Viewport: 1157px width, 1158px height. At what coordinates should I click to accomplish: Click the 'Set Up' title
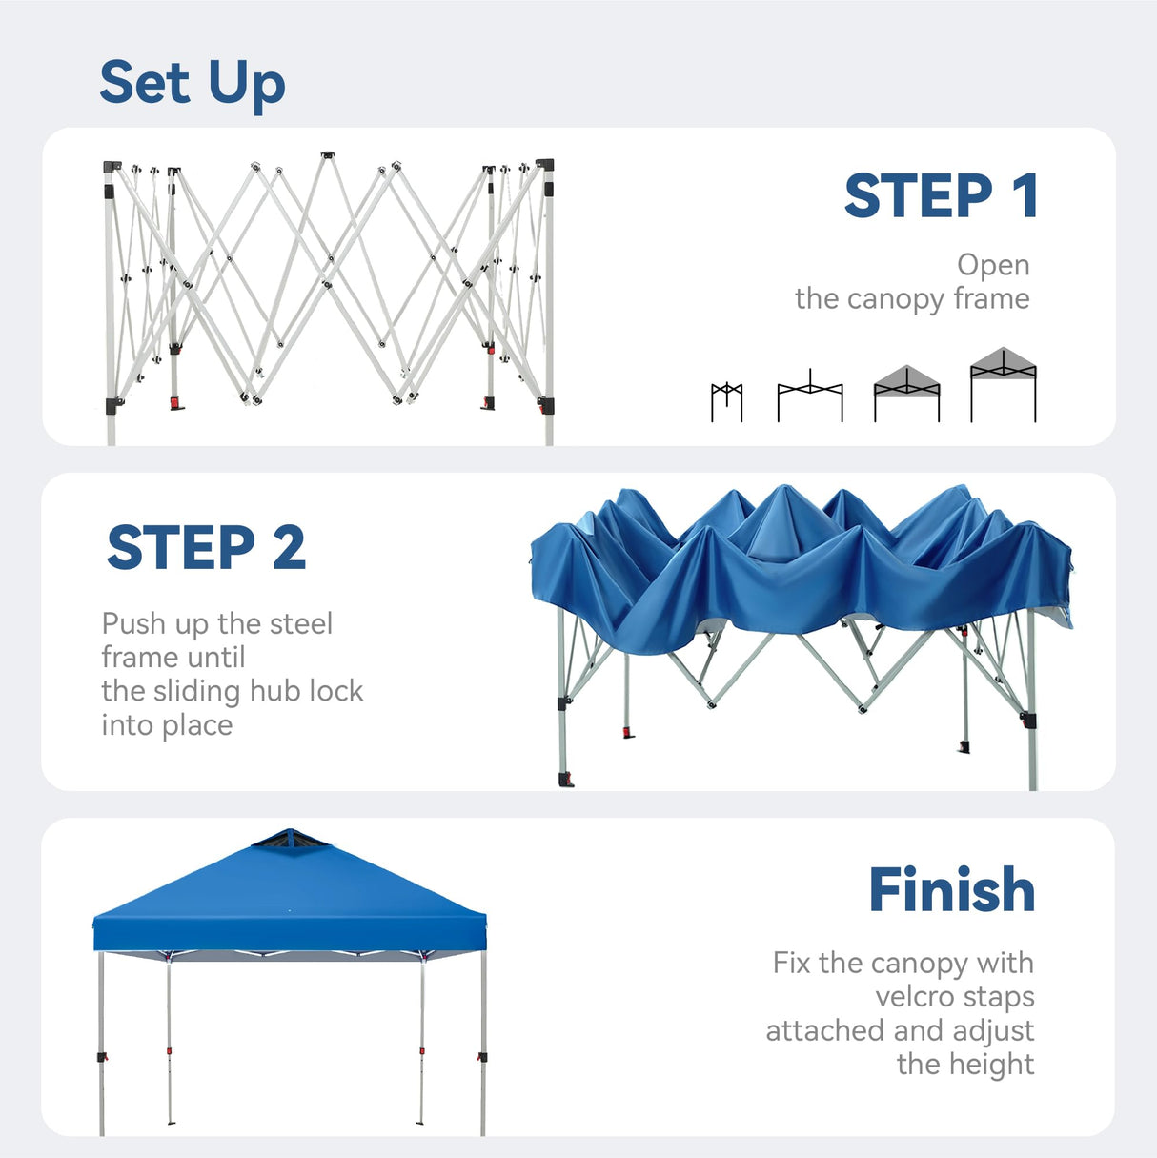(193, 84)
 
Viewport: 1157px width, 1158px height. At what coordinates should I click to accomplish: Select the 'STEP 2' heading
(206, 548)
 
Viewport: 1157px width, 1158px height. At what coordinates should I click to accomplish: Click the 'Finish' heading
(950, 890)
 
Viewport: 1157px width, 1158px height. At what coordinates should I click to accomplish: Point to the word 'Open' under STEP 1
(993, 265)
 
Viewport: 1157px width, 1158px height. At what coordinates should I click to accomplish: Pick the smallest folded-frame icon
(726, 400)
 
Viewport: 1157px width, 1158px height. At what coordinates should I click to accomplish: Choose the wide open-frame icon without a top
(810, 396)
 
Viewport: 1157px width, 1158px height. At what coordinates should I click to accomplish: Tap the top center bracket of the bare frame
(328, 154)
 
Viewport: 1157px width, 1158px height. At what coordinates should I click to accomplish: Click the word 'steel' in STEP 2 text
(301, 624)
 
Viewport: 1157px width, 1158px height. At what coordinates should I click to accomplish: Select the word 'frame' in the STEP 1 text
(991, 299)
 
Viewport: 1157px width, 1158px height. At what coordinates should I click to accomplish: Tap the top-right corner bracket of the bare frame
(544, 165)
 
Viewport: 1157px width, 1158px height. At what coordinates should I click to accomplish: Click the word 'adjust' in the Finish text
(992, 1031)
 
